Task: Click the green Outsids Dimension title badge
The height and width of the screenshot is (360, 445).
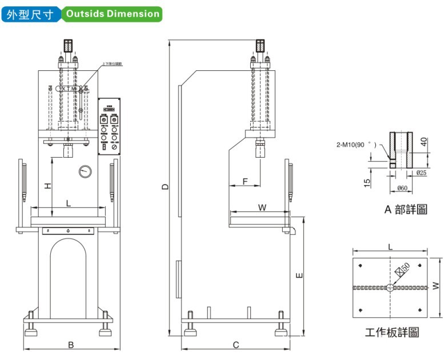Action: (x=112, y=14)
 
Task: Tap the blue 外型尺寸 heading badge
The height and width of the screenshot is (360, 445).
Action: (x=31, y=14)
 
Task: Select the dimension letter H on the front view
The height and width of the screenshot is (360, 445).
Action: (x=49, y=185)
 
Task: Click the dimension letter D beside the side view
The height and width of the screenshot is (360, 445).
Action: (x=165, y=186)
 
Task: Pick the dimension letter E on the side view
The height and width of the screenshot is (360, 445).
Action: (x=300, y=275)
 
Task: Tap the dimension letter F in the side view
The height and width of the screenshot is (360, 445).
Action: (x=245, y=181)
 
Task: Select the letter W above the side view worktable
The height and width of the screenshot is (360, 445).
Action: (x=262, y=207)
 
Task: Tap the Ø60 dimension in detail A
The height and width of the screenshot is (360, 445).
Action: (x=403, y=189)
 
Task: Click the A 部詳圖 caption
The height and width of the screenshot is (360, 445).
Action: (x=405, y=209)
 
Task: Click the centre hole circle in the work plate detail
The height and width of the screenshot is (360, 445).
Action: (x=390, y=287)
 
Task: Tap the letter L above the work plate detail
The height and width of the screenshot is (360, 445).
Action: (x=390, y=246)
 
